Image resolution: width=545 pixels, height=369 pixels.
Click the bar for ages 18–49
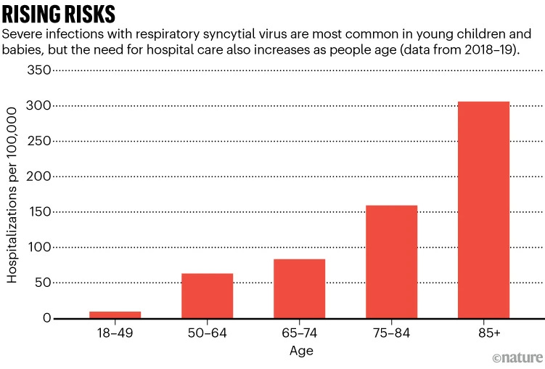pos(115,315)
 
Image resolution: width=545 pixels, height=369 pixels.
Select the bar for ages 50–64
pos(207,296)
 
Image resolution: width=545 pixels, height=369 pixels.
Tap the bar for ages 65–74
pos(299,288)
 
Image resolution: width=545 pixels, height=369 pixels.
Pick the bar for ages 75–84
pos(391,261)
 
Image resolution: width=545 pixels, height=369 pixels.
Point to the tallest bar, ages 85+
pos(483,210)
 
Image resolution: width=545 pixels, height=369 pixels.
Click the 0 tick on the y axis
pos(46,318)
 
